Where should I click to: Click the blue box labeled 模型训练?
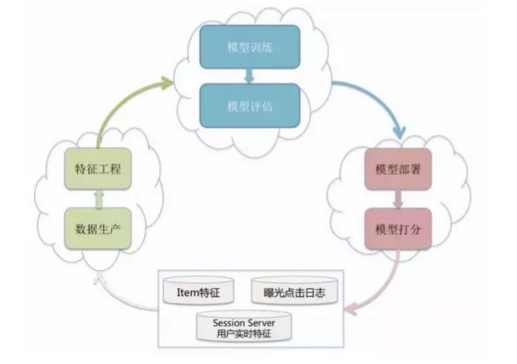pyautogui.click(x=249, y=49)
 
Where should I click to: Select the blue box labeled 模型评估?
pyautogui.click(x=249, y=107)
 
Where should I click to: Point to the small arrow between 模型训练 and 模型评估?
pyautogui.click(x=249, y=77)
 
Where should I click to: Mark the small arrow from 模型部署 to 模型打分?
pyautogui.click(x=397, y=199)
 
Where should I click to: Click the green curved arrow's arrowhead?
pyautogui.click(x=166, y=82)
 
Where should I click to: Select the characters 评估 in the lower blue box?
pyautogui.click(x=260, y=107)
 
